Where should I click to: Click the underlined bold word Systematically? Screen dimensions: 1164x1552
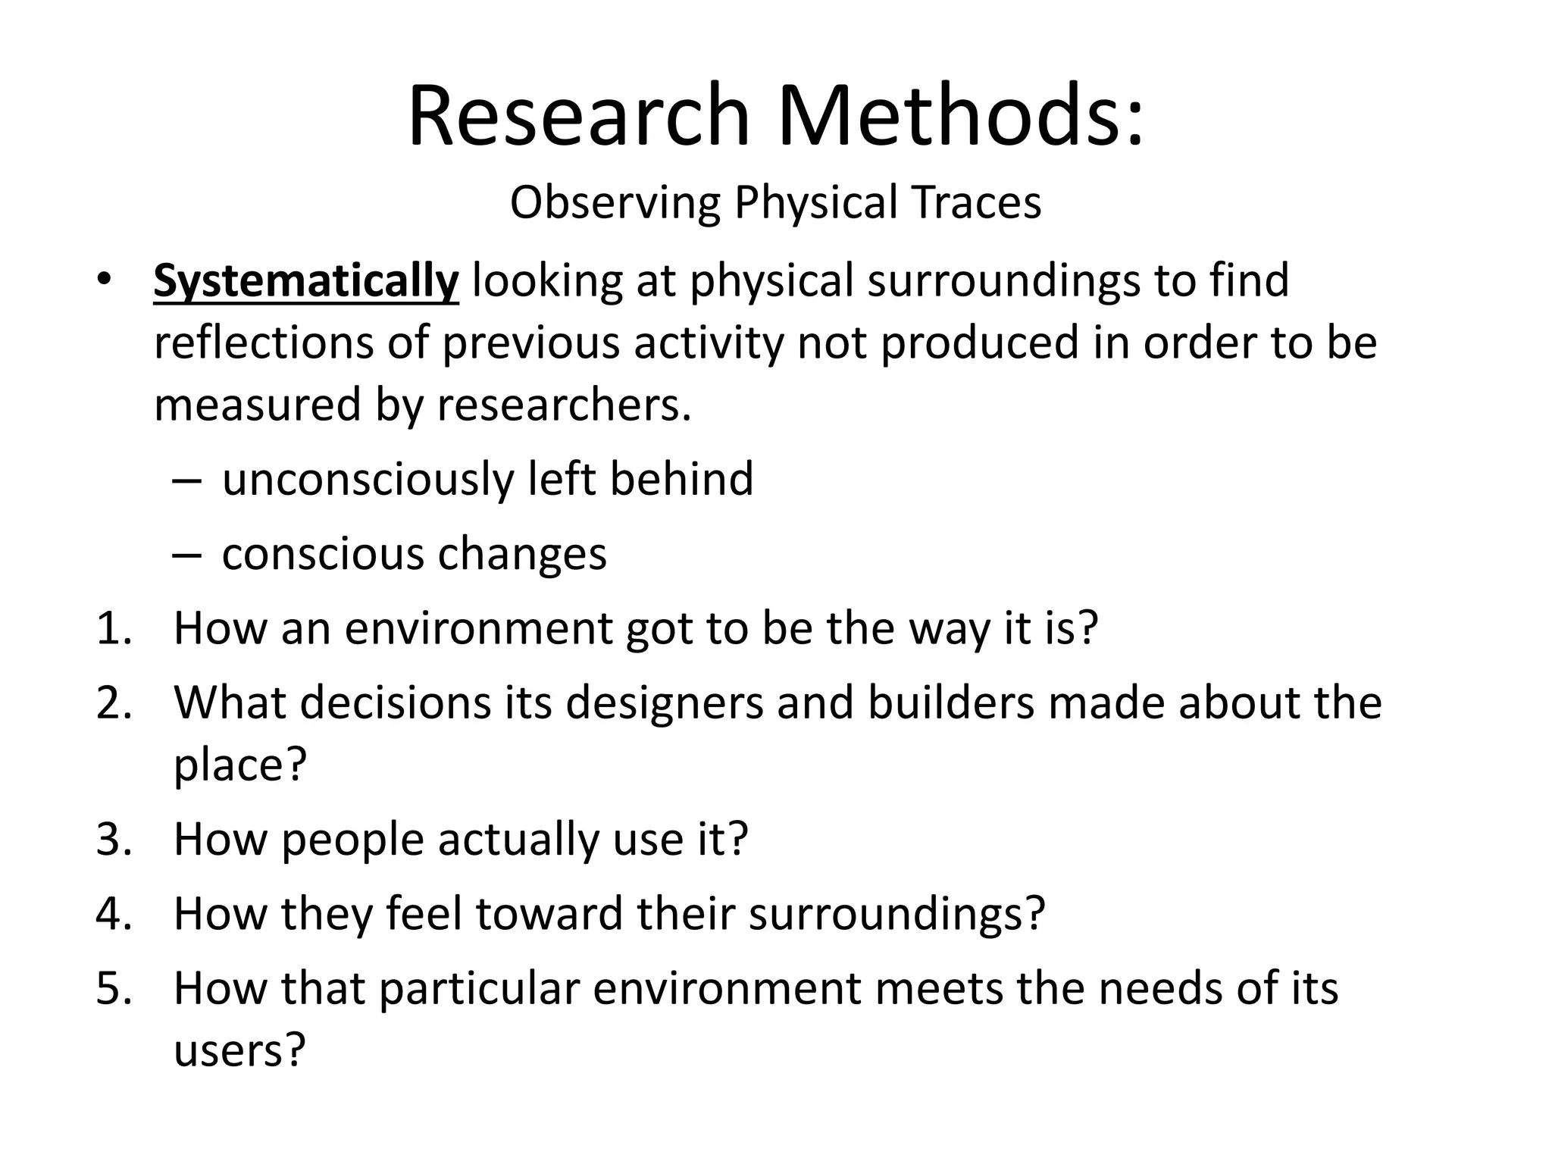[x=305, y=281]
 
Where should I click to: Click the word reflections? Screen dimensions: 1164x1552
[x=264, y=343]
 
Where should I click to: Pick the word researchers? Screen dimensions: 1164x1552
[x=564, y=405]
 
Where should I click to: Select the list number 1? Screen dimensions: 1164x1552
[x=114, y=628]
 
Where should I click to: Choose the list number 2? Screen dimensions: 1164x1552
[x=114, y=702]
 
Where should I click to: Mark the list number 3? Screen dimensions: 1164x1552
[x=114, y=839]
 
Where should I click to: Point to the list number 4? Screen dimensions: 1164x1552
[x=114, y=913]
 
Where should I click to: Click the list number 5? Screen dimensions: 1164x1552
[x=114, y=988]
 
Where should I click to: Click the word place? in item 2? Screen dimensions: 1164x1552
[x=240, y=765]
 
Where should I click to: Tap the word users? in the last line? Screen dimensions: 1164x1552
[x=239, y=1050]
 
